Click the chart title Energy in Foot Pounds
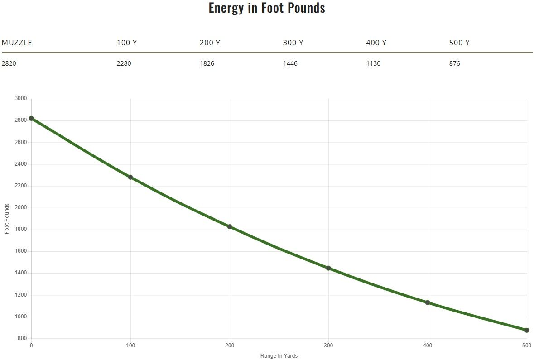click(x=267, y=8)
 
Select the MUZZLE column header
click(x=17, y=43)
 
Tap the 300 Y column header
click(x=293, y=43)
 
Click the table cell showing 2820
click(x=9, y=63)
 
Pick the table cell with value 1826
click(x=207, y=63)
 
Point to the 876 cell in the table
click(x=455, y=63)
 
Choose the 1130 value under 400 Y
click(x=373, y=63)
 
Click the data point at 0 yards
click(x=31, y=118)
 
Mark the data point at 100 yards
click(x=130, y=177)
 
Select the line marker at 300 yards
click(x=328, y=268)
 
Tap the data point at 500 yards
click(x=527, y=330)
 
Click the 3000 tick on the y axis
click(x=21, y=99)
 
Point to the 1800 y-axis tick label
click(x=21, y=230)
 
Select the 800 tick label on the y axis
click(x=22, y=339)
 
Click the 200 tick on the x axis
click(x=230, y=346)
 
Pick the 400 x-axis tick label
click(x=428, y=346)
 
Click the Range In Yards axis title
click(x=279, y=356)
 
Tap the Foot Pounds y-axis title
click(x=7, y=219)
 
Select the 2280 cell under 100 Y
click(x=124, y=63)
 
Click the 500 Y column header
click(x=459, y=43)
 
